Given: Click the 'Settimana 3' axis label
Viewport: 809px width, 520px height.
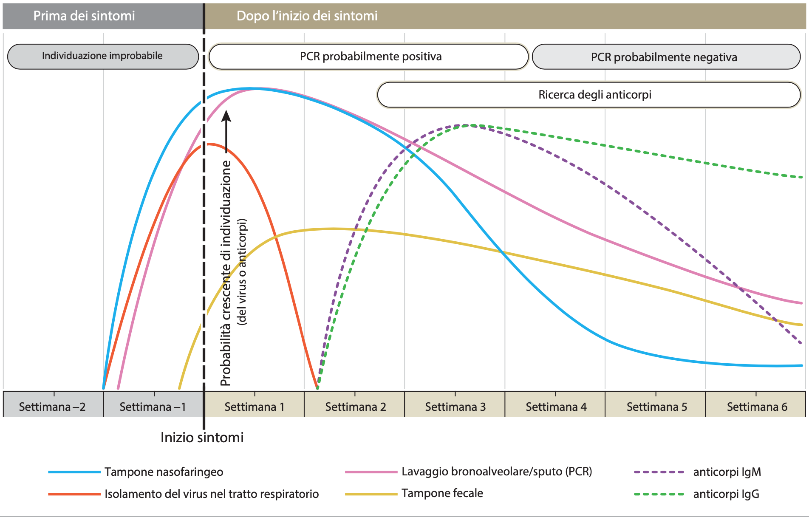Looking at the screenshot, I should [455, 407].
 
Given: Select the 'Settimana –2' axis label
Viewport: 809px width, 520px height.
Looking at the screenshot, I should [52, 407].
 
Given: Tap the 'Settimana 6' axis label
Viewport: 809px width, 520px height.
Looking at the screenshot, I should [757, 407].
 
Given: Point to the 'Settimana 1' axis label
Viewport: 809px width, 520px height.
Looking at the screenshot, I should [254, 407].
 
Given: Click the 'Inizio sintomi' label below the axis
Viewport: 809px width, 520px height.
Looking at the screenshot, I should [202, 438].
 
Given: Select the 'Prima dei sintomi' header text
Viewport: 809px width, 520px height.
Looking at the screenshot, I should [84, 16].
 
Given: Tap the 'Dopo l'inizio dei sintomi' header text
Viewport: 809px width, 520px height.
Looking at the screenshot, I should [307, 16].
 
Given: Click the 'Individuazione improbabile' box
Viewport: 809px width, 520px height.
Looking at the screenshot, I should [102, 56].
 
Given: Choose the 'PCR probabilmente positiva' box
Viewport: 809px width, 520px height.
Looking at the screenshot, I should [370, 57].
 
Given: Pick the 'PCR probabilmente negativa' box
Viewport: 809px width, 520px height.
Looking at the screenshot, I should [664, 57].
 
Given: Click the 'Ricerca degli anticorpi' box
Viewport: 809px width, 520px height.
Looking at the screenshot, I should [594, 94].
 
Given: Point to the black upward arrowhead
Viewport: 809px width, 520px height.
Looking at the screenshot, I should [226, 116].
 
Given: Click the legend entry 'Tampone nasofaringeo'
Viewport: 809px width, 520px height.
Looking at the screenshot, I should [164, 472].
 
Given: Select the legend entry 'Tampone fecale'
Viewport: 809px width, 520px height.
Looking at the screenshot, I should [442, 493].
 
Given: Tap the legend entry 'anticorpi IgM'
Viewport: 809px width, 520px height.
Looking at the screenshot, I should [727, 472].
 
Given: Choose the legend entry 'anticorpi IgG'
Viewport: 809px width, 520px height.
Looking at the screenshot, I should [726, 494].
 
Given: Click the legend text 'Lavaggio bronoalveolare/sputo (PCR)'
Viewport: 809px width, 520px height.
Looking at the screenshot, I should [496, 472].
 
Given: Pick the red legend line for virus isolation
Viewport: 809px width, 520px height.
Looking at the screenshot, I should [74, 494].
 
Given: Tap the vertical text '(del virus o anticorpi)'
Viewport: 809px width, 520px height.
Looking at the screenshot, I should [242, 272].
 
